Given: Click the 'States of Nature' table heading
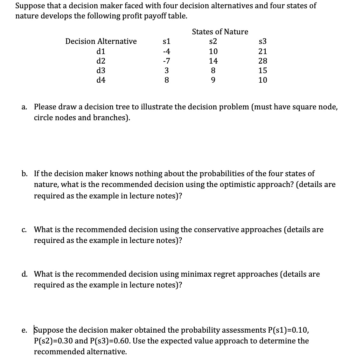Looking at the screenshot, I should coord(220,32).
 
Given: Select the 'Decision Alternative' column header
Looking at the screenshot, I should coord(101,42).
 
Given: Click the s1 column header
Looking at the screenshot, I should coord(166,42).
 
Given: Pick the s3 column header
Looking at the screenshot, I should coord(262,42).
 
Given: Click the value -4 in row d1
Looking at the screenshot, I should coord(166,51).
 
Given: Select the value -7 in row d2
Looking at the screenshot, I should coord(166,61).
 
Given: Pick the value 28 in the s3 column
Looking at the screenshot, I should coord(263,61).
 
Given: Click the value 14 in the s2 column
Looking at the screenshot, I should coord(213,61).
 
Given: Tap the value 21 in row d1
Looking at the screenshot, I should coord(263,51).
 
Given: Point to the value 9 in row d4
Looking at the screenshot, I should coord(213,80).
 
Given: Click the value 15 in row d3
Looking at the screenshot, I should coord(263,70).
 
